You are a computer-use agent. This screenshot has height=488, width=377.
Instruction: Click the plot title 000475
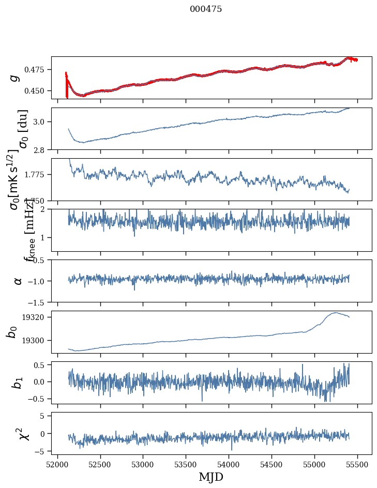[206, 9]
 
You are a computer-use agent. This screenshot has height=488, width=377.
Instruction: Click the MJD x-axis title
[211, 477]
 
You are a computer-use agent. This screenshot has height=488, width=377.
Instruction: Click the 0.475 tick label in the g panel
[38, 69]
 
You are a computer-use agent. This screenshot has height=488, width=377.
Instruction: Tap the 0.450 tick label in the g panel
[38, 90]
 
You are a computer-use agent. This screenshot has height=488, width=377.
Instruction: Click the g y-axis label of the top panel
[16, 78]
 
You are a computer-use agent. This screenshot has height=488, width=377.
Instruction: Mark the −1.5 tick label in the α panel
[39, 302]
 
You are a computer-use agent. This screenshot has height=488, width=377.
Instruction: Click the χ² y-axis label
[19, 433]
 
